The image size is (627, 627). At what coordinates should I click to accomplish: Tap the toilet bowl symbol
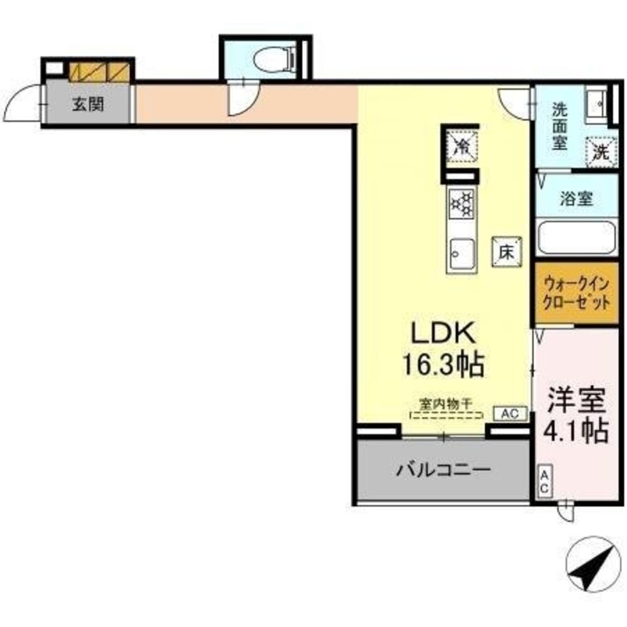275,60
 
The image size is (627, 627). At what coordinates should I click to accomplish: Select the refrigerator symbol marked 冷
461,145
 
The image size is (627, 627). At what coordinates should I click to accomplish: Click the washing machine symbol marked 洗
601,151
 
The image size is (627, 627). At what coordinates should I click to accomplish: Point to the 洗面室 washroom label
559,125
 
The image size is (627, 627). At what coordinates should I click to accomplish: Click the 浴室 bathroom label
576,199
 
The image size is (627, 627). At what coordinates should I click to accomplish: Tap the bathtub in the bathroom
577,238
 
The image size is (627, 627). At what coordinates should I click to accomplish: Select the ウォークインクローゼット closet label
576,293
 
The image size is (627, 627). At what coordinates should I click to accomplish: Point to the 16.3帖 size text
446,364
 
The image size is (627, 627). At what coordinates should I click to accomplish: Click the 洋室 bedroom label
577,401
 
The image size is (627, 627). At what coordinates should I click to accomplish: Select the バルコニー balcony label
443,469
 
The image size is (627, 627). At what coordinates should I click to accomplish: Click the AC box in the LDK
509,414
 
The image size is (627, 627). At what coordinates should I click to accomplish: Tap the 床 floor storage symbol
507,251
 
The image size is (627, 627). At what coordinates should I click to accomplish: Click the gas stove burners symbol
461,203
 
